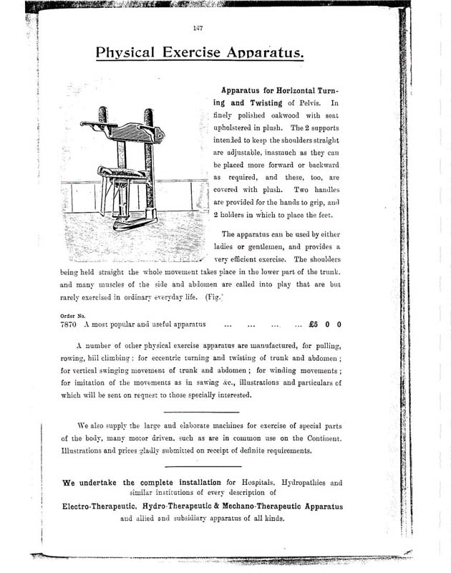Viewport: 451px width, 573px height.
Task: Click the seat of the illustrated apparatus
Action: (x=119, y=173)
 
